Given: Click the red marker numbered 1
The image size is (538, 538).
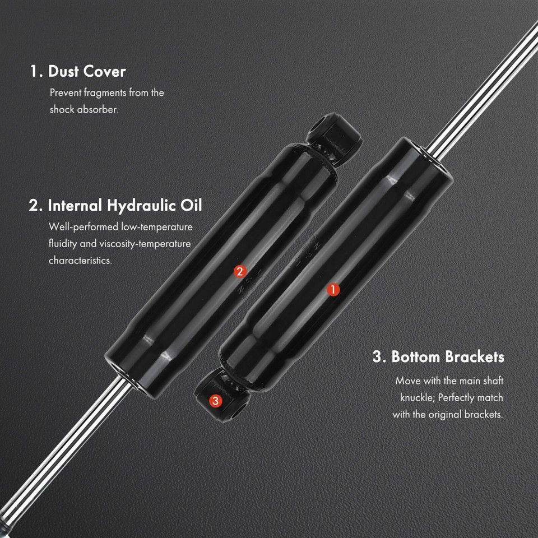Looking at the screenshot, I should click(x=333, y=289).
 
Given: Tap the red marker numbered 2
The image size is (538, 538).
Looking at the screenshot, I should click(x=240, y=272).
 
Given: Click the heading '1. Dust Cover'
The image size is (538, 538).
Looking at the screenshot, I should click(x=78, y=71).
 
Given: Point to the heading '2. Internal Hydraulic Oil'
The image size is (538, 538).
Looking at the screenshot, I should click(x=115, y=205).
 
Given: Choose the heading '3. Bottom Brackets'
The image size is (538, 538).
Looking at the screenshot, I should click(x=438, y=356).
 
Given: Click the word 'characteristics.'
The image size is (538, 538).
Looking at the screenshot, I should click(x=80, y=261).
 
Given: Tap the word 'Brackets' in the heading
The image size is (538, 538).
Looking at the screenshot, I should click(x=475, y=356).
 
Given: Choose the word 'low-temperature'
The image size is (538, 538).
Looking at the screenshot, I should click(x=157, y=227).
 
